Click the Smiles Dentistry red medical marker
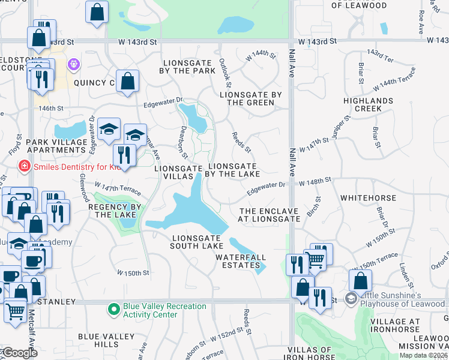point(25,166)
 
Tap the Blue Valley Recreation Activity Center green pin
point(113,310)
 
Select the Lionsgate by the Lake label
point(233,170)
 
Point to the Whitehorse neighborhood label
point(368,198)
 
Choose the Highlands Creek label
point(369,104)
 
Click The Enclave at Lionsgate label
point(269,215)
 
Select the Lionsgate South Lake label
point(196,242)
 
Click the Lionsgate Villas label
point(178,173)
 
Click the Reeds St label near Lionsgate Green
point(242,142)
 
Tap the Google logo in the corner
point(20,353)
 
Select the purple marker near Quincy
point(74,63)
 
